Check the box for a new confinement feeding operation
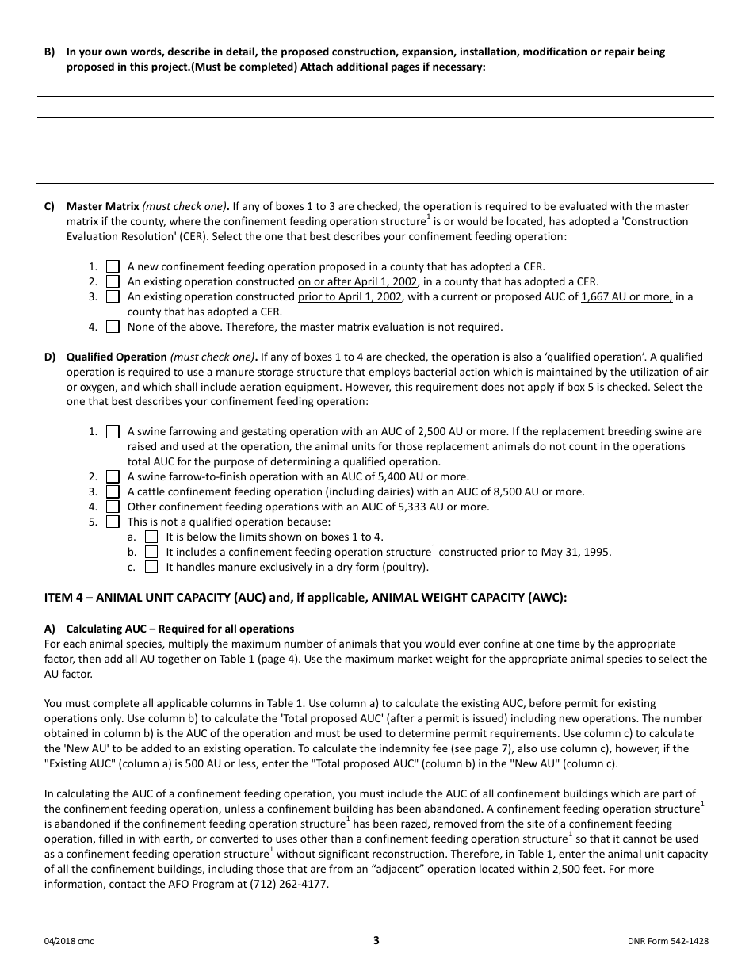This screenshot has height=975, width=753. [x=113, y=267]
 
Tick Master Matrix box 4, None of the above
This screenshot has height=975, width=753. [x=113, y=327]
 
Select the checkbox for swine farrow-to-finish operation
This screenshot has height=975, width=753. [x=113, y=477]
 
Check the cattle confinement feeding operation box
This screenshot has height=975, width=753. [x=113, y=492]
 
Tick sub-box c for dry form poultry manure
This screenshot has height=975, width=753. [x=151, y=568]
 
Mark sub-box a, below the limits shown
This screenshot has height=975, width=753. [x=151, y=537]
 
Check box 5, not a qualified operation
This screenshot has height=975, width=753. [x=113, y=522]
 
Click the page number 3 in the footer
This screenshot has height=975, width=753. [x=376, y=941]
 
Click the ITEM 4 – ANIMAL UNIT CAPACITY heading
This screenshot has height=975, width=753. [x=305, y=598]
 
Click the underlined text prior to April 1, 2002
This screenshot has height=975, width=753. [x=350, y=297]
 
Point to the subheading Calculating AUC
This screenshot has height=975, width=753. [x=180, y=629]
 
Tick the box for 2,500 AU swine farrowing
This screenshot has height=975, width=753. [x=113, y=432]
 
